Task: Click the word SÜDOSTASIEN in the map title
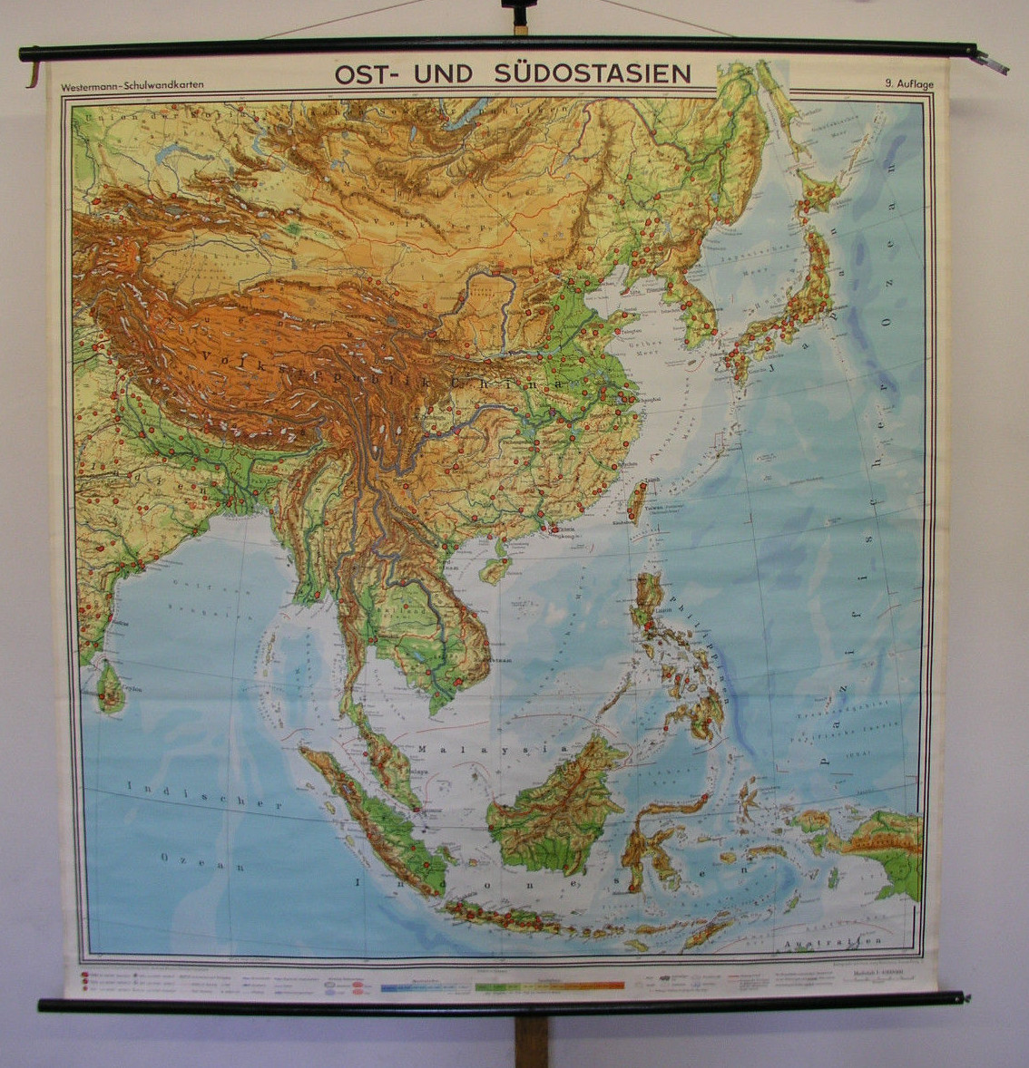pyautogui.click(x=593, y=74)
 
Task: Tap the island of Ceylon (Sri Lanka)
pyautogui.click(x=111, y=686)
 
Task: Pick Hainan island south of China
pyautogui.click(x=495, y=569)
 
